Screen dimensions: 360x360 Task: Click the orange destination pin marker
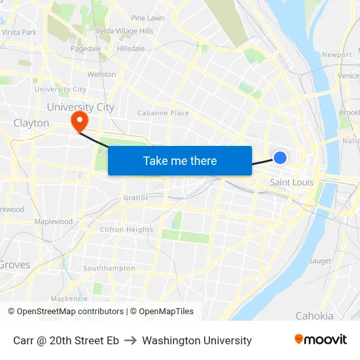tap(80, 120)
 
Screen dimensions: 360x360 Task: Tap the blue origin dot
tap(280, 157)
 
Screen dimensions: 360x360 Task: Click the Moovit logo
tap(321, 340)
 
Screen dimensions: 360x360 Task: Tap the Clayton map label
tap(31, 123)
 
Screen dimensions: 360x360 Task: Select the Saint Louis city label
tap(291, 182)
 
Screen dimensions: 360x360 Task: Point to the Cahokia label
tap(314, 315)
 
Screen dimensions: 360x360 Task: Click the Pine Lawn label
tap(148, 18)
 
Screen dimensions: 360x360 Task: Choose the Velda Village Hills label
tap(124, 31)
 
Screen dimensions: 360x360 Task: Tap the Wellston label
tap(101, 75)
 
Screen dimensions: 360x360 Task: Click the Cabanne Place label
tap(163, 113)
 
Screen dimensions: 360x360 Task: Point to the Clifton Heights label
tap(126, 230)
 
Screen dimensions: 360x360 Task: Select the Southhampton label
tap(109, 268)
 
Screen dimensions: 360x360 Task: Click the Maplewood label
tap(54, 222)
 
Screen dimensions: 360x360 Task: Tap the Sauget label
tap(319, 261)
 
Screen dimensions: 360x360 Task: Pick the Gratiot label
tap(135, 198)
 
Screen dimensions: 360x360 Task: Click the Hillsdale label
tap(130, 48)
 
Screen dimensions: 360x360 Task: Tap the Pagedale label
tap(86, 48)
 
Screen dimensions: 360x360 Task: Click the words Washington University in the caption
tap(196, 340)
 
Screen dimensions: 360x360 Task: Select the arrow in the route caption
tap(130, 340)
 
